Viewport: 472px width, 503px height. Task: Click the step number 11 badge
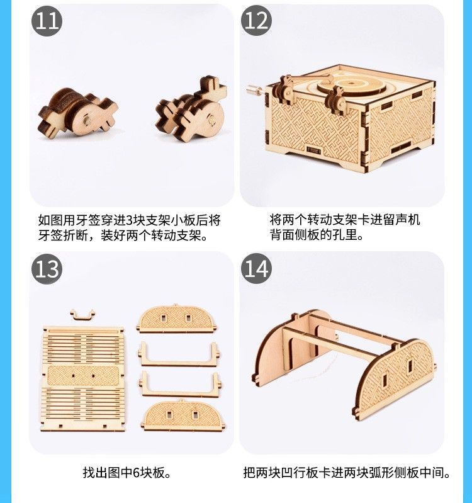47,21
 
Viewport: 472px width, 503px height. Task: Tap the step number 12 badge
256,21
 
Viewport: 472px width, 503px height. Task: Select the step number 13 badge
47,269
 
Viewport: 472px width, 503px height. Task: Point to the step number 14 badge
256,269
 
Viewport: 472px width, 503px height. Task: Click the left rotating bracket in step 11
77,112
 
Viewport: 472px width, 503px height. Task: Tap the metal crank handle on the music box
256,89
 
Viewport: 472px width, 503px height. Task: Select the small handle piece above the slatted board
82,314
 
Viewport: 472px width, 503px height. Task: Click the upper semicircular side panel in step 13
176,319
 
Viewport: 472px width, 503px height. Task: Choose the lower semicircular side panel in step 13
183,415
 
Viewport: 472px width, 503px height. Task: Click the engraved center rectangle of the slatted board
83,376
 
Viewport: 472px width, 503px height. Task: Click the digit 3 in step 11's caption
128,221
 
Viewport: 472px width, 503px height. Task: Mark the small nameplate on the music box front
313,150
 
